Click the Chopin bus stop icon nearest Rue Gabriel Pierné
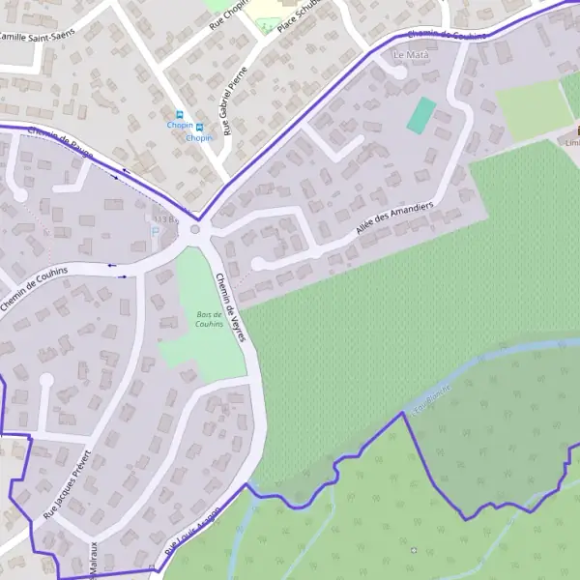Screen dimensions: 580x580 coord(199,128)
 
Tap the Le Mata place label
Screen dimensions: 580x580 coord(411,55)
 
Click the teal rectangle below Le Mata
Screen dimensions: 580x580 coord(421,115)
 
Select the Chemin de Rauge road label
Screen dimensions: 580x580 coord(61,145)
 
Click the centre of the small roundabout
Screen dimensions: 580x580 coord(196,229)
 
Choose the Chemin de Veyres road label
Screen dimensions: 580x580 coord(232,306)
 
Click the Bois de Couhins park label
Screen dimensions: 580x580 coord(209,320)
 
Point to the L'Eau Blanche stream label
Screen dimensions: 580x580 coord(432,398)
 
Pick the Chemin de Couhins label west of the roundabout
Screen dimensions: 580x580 coord(34,288)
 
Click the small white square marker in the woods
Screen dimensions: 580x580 coord(414,550)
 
